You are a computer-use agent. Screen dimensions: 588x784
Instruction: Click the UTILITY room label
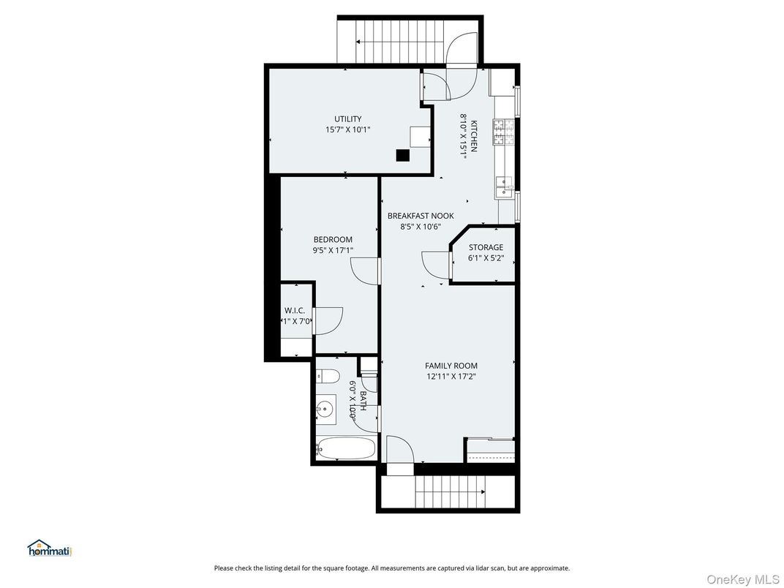pyautogui.click(x=347, y=119)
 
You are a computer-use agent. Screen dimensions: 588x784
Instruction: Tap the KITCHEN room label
pyautogui.click(x=473, y=136)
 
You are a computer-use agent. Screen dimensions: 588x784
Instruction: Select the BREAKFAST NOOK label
pyautogui.click(x=420, y=216)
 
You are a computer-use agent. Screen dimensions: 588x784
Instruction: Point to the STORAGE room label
pyautogui.click(x=486, y=247)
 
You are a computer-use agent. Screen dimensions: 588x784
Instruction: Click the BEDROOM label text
pyautogui.click(x=333, y=240)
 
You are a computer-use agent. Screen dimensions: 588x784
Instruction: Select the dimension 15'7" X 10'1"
pyautogui.click(x=348, y=130)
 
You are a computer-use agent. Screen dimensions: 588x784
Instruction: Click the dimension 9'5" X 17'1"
pyautogui.click(x=333, y=251)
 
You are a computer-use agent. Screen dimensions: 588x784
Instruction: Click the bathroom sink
pyautogui.click(x=325, y=408)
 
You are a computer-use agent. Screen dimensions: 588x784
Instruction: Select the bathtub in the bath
pyautogui.click(x=345, y=448)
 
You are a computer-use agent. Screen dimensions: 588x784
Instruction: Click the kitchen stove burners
pyautogui.click(x=502, y=133)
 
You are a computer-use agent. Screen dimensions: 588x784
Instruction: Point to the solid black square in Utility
pyautogui.click(x=402, y=155)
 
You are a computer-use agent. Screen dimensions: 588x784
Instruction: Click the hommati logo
pyautogui.click(x=50, y=549)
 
